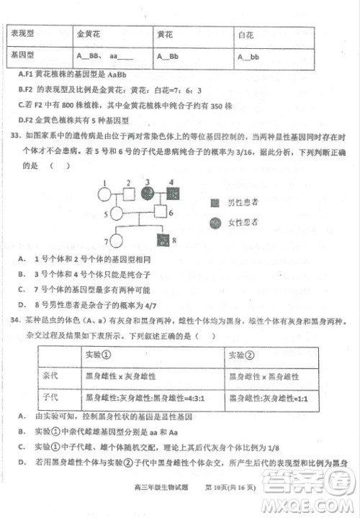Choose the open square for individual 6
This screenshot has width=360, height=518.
(x=161, y=213)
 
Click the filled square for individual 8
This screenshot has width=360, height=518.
(x=163, y=240)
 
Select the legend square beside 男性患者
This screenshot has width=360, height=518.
(x=215, y=203)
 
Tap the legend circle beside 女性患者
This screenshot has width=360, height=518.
(x=215, y=222)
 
